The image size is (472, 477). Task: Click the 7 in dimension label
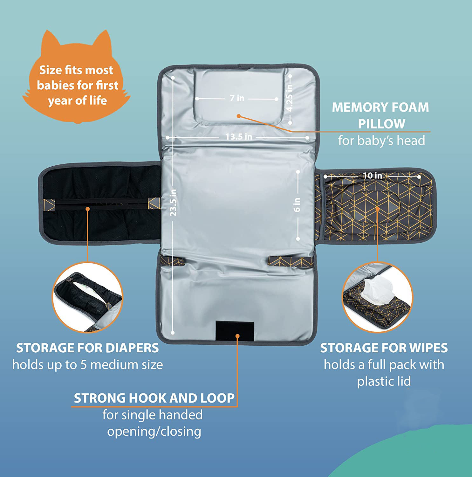pos(237,98)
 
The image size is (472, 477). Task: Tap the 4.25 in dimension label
pos(290,97)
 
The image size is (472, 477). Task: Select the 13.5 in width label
pos(239,137)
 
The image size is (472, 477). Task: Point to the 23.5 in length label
pos(173,203)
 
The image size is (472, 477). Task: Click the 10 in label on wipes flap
pos(373,176)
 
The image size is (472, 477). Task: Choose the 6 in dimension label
pos(297,205)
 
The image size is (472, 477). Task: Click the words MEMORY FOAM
pos(380,107)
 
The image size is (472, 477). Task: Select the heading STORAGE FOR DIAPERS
pos(87,348)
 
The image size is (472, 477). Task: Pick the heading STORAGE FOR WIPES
pos(384,348)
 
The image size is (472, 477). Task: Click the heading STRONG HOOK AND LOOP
pos(154,398)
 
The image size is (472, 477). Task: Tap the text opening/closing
pos(154,432)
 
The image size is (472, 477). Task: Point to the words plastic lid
pos(384,381)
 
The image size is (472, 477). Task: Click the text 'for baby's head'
pos(381,141)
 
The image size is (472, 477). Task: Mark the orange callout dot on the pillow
pos(239,116)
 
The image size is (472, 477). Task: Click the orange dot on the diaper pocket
pos(87,209)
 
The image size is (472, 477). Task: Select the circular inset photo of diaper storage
pos(87,298)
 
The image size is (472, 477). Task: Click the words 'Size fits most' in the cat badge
pos(76,70)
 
